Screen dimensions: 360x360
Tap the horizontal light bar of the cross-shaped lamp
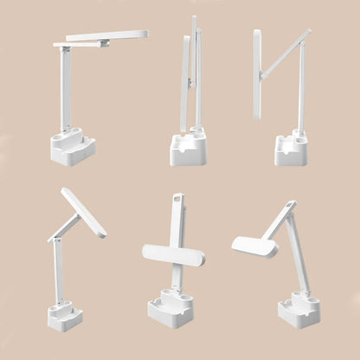tap(173, 254)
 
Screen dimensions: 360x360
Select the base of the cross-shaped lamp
tap(170, 309)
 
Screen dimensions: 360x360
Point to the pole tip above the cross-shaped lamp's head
tap(178, 200)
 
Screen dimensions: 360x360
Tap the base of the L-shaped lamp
tap(73, 148)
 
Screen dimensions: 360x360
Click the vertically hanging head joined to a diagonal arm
tap(257, 61)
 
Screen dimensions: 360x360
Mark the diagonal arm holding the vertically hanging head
tap(286, 53)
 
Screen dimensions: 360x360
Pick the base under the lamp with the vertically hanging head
tap(292, 151)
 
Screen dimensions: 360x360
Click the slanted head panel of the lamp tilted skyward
tap(84, 213)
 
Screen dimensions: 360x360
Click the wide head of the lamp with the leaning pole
tap(254, 247)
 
